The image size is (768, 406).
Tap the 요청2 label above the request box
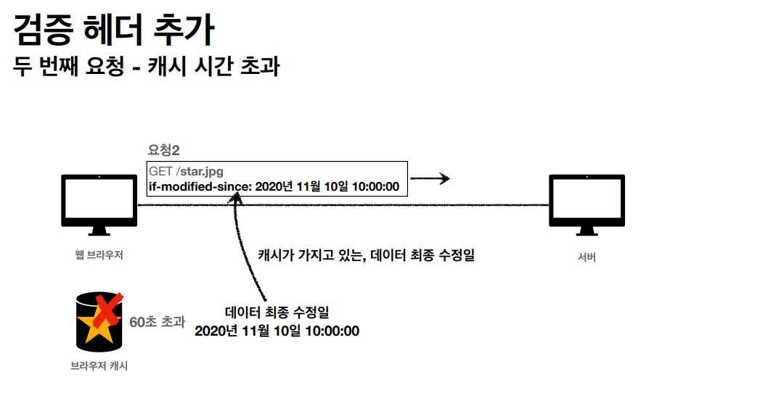click(x=163, y=150)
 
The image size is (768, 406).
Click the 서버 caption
click(x=587, y=257)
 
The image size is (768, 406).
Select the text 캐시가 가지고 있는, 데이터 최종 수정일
click(x=366, y=254)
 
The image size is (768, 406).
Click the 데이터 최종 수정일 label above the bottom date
click(x=277, y=312)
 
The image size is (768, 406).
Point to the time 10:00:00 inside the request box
click(x=375, y=186)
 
